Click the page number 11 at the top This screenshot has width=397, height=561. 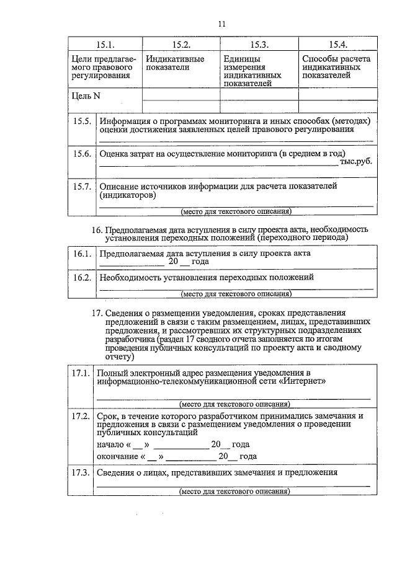[x=221, y=24]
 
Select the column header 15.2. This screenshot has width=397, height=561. [x=181, y=45]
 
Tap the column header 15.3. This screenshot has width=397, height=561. [x=259, y=45]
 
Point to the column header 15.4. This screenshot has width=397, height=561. [x=337, y=45]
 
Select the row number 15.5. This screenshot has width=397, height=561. [x=82, y=121]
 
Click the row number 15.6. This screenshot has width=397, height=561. [x=82, y=154]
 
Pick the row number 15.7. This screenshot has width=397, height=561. [x=82, y=186]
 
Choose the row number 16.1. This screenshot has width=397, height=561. [x=82, y=254]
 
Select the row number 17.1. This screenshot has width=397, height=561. [x=80, y=373]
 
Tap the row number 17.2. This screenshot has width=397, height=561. [x=80, y=415]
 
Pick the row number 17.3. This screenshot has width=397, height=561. [x=80, y=472]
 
